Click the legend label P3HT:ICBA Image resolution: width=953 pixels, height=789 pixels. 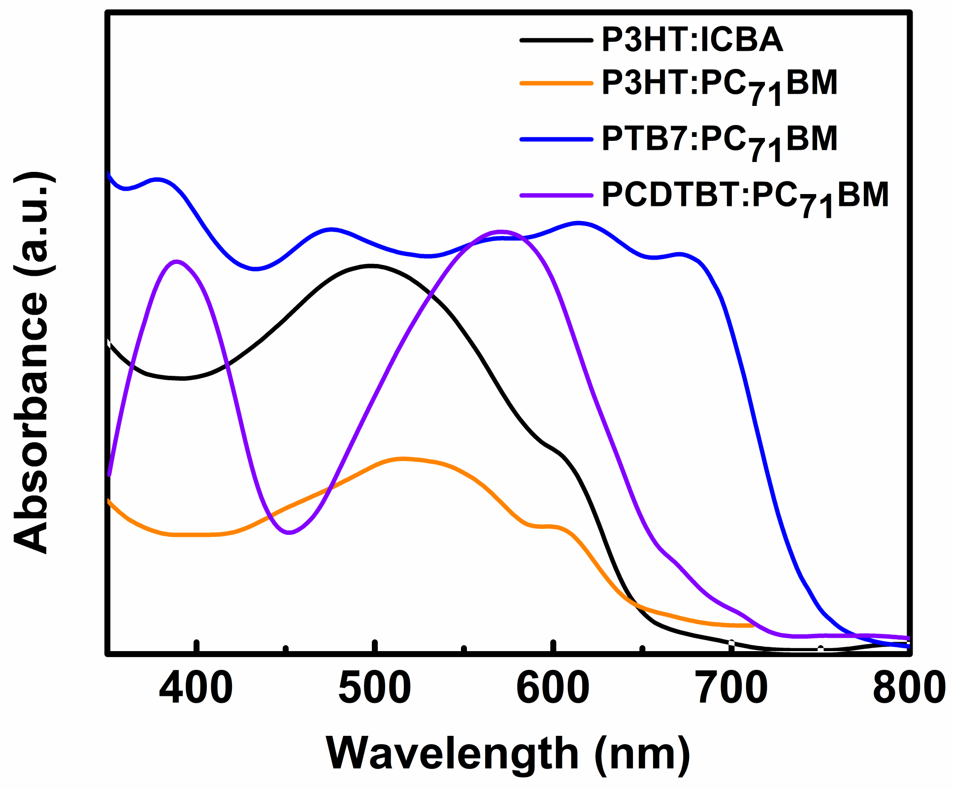(x=692, y=40)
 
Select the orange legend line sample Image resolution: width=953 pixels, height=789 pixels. (x=556, y=83)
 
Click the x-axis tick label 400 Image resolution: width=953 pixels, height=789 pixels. (x=196, y=688)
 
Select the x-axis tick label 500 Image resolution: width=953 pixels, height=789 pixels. (x=375, y=688)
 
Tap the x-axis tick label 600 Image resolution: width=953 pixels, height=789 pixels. (x=553, y=688)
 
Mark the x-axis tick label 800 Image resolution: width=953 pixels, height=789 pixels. (x=909, y=688)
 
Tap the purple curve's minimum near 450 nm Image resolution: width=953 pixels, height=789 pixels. (x=289, y=532)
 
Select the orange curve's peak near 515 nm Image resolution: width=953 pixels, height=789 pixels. (x=403, y=459)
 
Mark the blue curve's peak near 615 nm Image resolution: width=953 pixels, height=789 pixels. (x=579, y=223)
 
